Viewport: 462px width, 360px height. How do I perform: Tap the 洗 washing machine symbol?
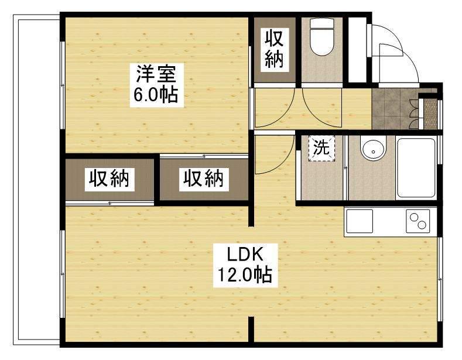(x=320, y=148)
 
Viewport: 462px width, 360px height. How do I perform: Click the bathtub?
(x=416, y=168)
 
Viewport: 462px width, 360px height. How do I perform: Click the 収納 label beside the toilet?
(x=275, y=49)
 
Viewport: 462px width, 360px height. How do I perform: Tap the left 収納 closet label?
(x=109, y=179)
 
